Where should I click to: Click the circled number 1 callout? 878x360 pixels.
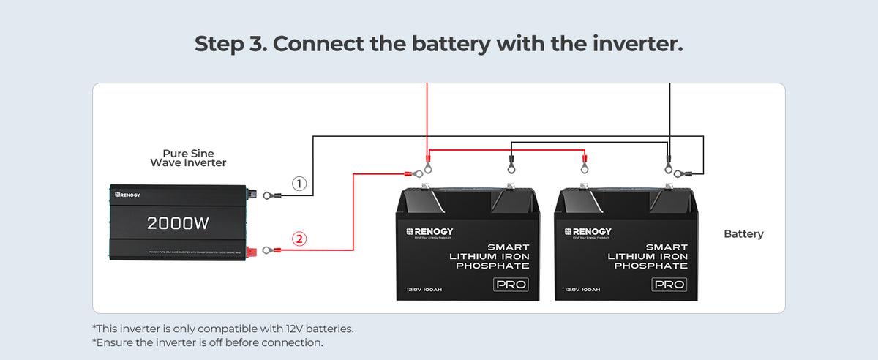(299, 184)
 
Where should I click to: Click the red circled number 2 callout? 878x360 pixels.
(299, 238)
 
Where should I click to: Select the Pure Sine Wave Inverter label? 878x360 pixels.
(188, 158)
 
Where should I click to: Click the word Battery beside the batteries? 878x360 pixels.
(743, 234)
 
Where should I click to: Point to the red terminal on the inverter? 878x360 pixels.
(252, 250)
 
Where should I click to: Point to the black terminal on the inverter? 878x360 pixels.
(251, 195)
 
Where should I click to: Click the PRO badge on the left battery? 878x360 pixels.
(511, 284)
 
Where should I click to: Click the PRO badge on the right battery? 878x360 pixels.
(669, 284)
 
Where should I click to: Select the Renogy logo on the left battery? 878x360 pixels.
(430, 232)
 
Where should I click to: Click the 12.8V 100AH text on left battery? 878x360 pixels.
(424, 290)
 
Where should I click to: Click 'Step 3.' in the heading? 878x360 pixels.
(230, 43)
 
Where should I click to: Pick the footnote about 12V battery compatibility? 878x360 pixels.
(222, 329)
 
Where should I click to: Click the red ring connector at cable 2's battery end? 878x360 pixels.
(416, 174)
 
